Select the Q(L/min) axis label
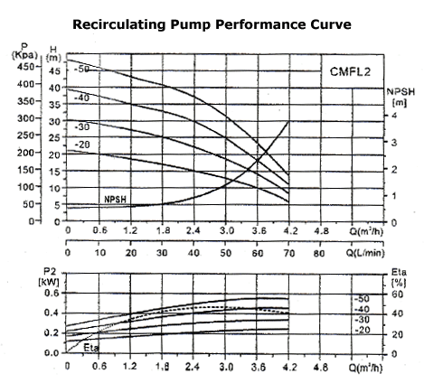(x=372, y=253)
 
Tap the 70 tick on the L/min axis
(x=287, y=253)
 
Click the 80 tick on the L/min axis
(x=319, y=253)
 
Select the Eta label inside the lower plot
(x=91, y=345)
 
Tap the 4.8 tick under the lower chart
(x=319, y=369)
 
